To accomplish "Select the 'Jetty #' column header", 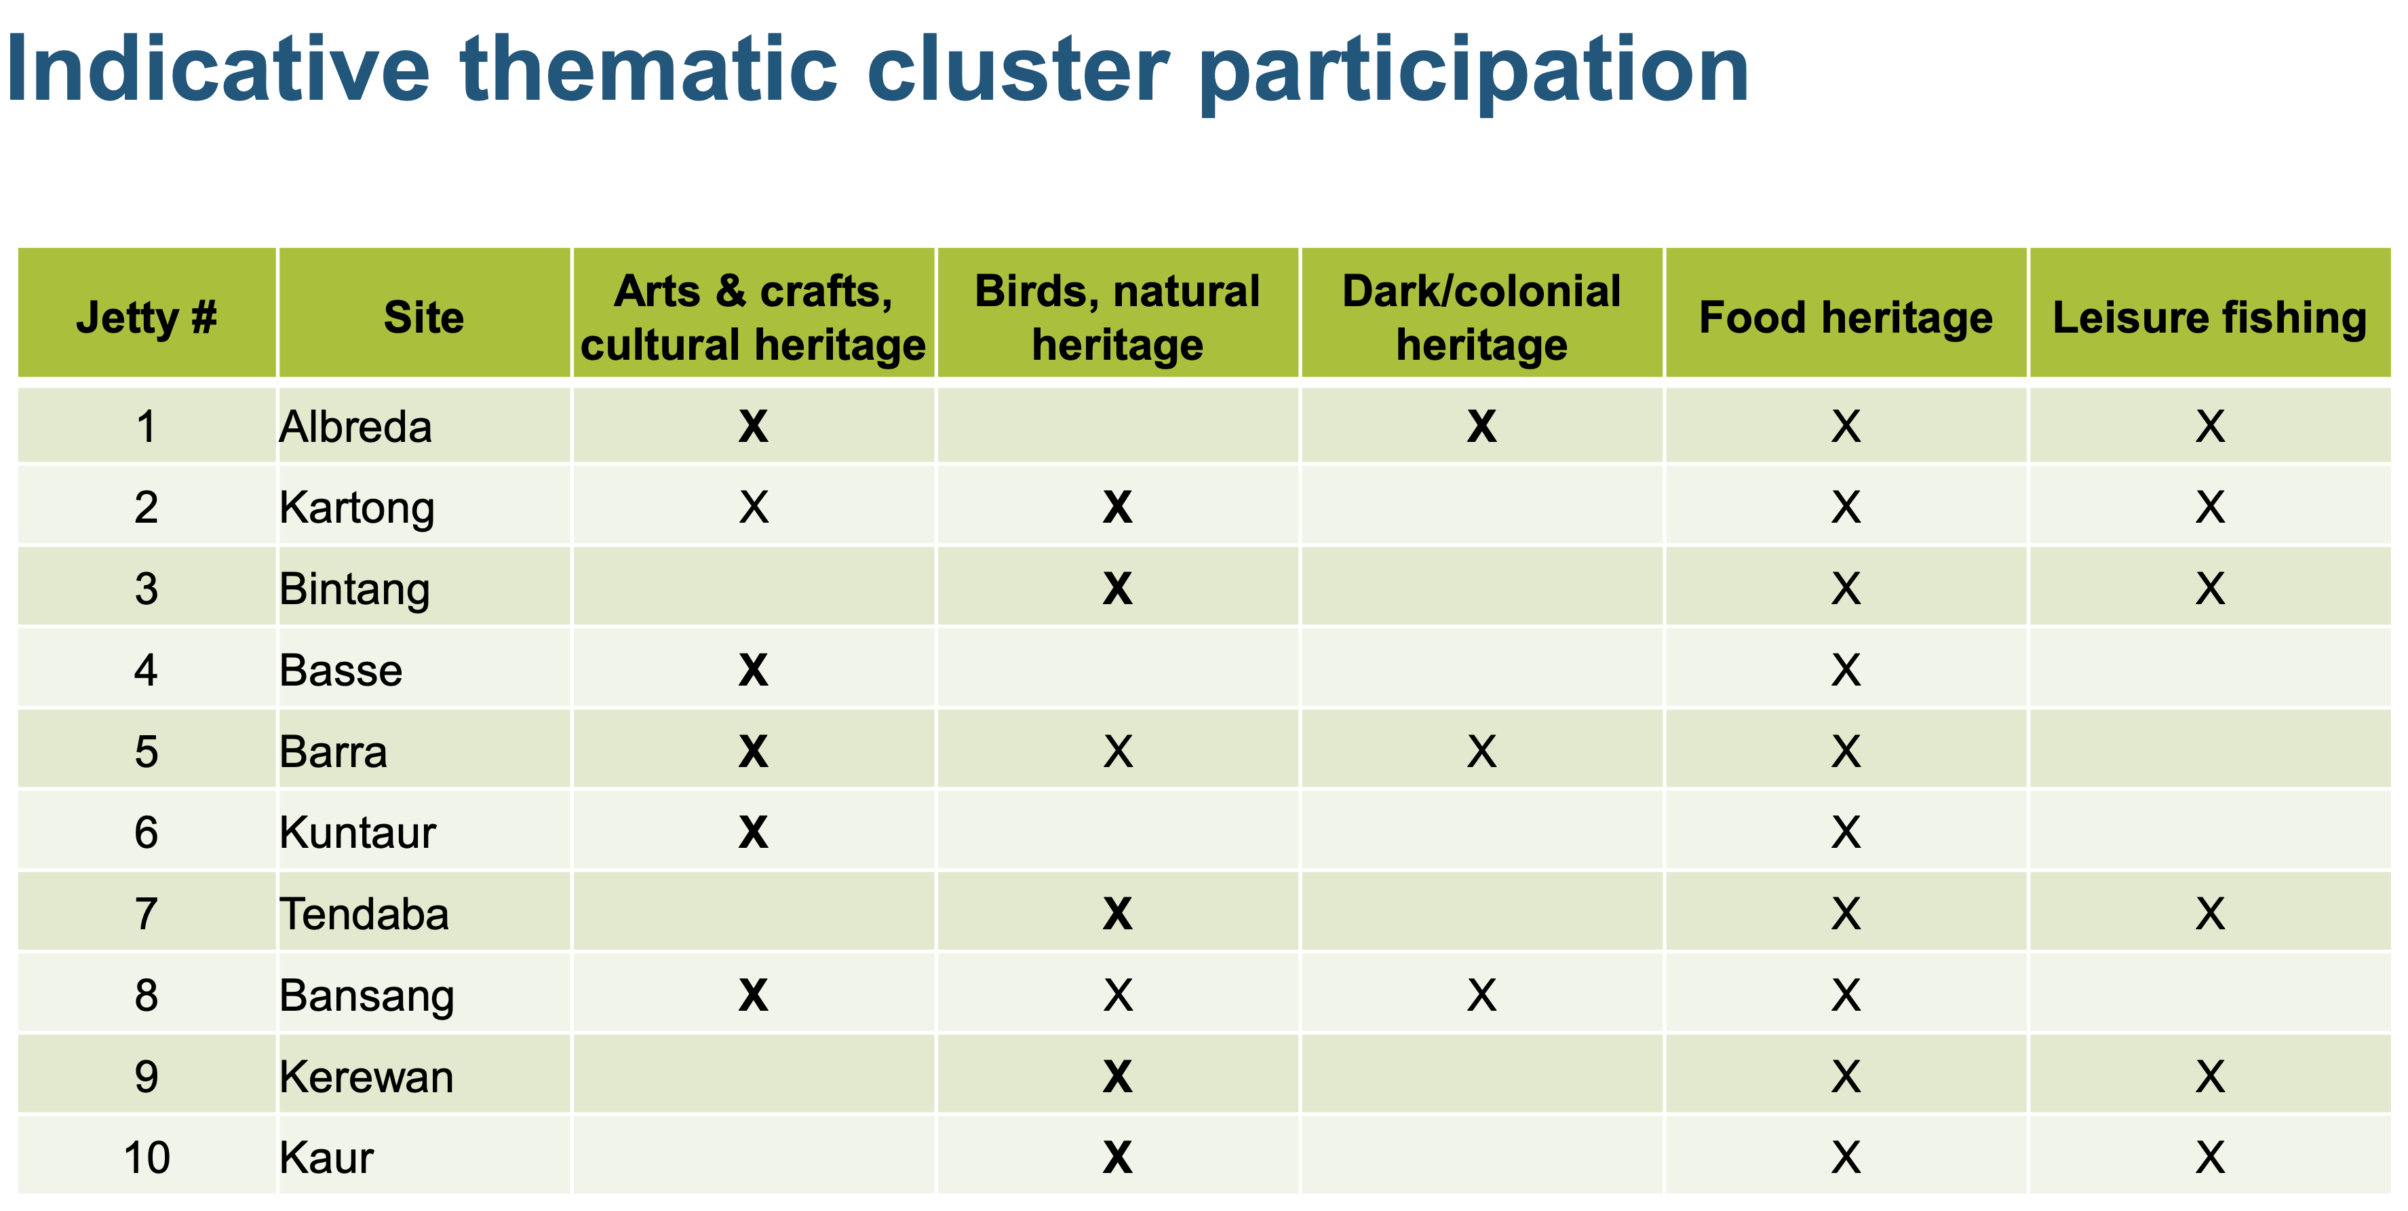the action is [147, 317].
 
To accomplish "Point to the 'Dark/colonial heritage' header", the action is [1481, 317].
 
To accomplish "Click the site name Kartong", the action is [357, 508].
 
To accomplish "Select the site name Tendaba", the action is [364, 914].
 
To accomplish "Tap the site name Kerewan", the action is [366, 1077].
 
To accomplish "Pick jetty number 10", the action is [147, 1157].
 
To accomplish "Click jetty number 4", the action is [147, 671].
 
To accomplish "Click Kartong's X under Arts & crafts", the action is [754, 508].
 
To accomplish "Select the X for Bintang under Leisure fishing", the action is [2210, 589].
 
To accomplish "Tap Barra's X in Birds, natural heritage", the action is [1118, 752].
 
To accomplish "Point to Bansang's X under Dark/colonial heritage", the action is [1481, 995].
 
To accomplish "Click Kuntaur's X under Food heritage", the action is [1846, 832].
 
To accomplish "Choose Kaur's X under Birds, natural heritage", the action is [1118, 1157].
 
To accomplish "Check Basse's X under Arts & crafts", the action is [754, 671].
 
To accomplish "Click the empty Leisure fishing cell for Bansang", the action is [2210, 995].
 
